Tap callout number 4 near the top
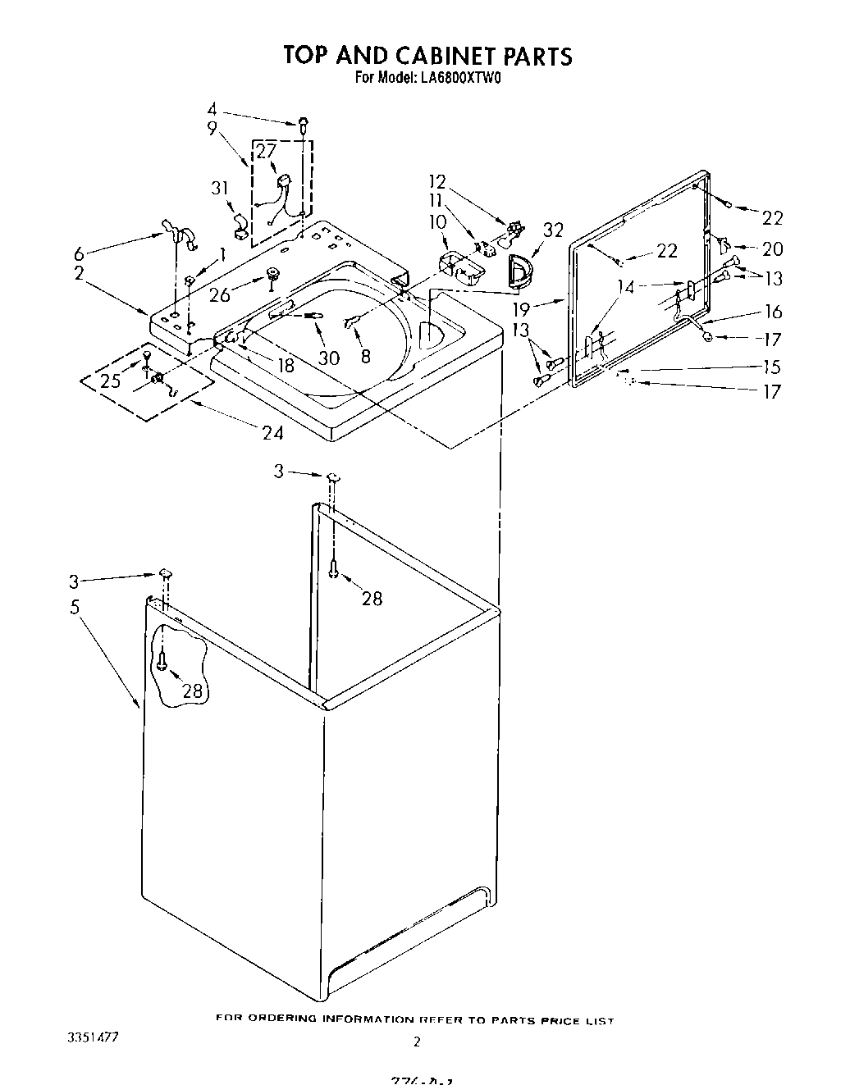(212, 109)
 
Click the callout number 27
(266, 150)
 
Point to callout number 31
(219, 188)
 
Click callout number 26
(219, 294)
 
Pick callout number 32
(553, 230)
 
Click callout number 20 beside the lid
(772, 248)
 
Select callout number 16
(772, 312)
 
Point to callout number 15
(772, 367)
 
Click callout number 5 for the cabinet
(75, 607)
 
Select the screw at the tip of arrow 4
(304, 124)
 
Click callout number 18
(285, 365)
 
